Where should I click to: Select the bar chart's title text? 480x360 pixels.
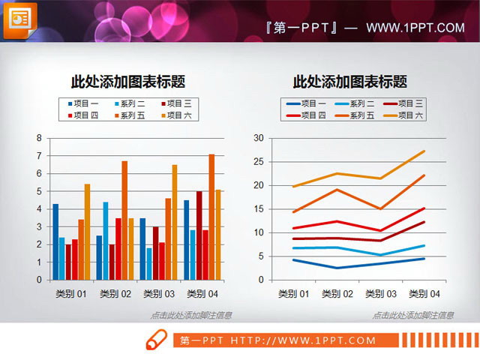pyautogui.click(x=128, y=82)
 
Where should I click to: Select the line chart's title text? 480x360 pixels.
pyautogui.click(x=350, y=82)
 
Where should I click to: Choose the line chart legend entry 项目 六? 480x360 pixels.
pyautogui.click(x=409, y=115)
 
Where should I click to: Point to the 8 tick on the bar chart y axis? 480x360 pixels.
pyautogui.click(x=38, y=138)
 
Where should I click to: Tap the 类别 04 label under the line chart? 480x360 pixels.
pyautogui.click(x=424, y=293)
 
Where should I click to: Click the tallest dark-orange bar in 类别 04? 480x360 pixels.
pyautogui.click(x=211, y=217)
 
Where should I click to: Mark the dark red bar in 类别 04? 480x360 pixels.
pyautogui.click(x=199, y=235)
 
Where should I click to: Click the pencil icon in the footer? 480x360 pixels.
pyautogui.click(x=157, y=340)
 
